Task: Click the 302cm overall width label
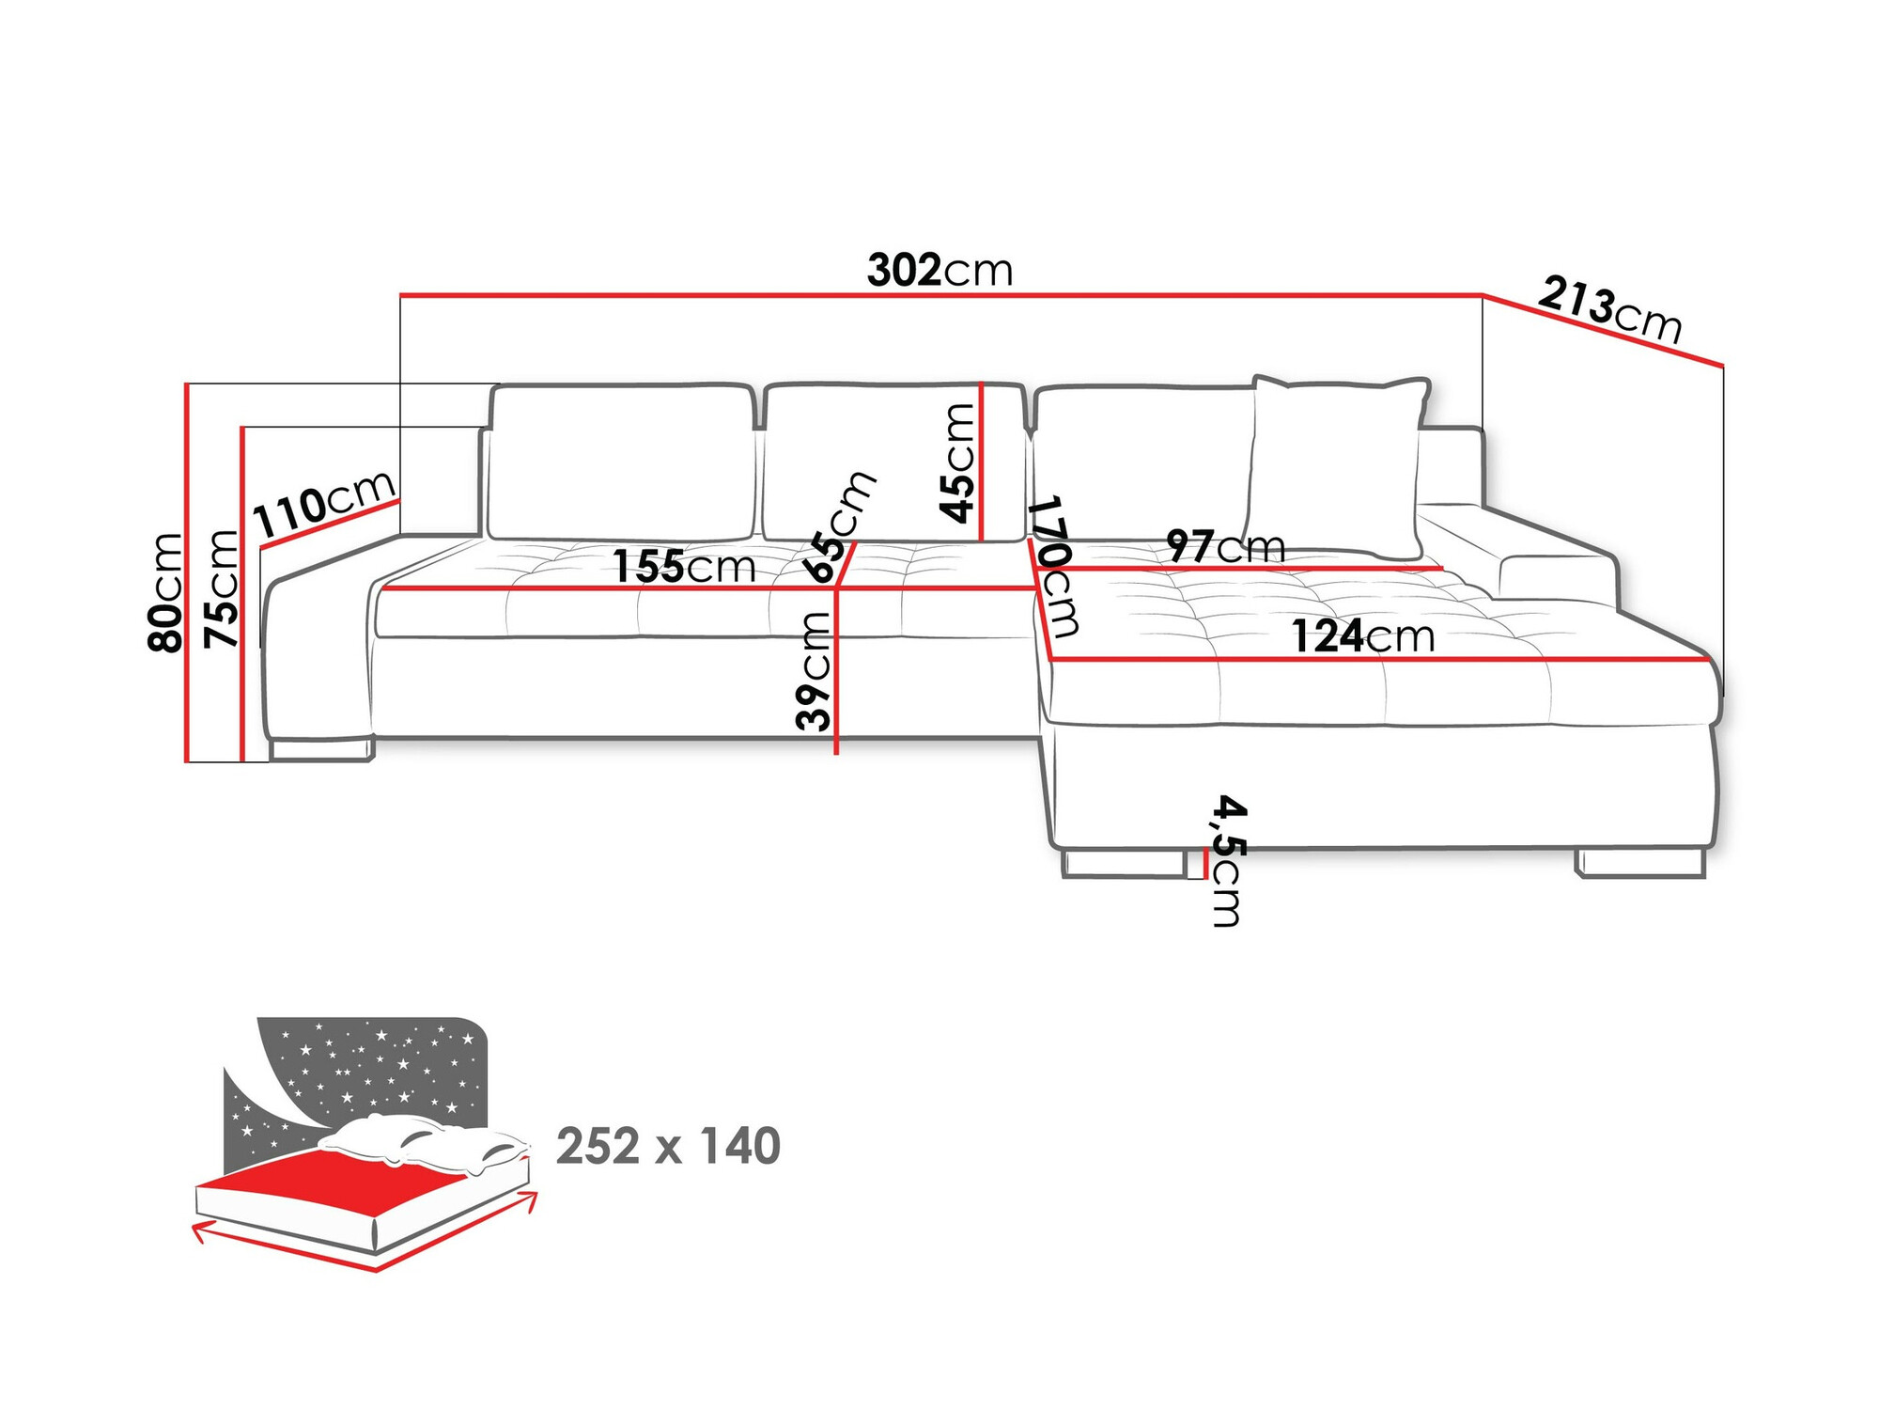tap(939, 271)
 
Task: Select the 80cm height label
tap(165, 591)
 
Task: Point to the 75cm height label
tap(223, 588)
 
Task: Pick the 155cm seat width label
tap(684, 567)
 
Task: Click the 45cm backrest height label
tap(958, 462)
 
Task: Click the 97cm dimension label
tap(1225, 546)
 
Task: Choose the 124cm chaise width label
tap(1362, 637)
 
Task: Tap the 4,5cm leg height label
tap(1228, 861)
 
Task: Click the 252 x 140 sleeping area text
tap(668, 1146)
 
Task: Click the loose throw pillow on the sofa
tap(1334, 465)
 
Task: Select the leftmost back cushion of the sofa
tap(622, 462)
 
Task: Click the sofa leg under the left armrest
tap(321, 749)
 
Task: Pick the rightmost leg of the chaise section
tap(1640, 863)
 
